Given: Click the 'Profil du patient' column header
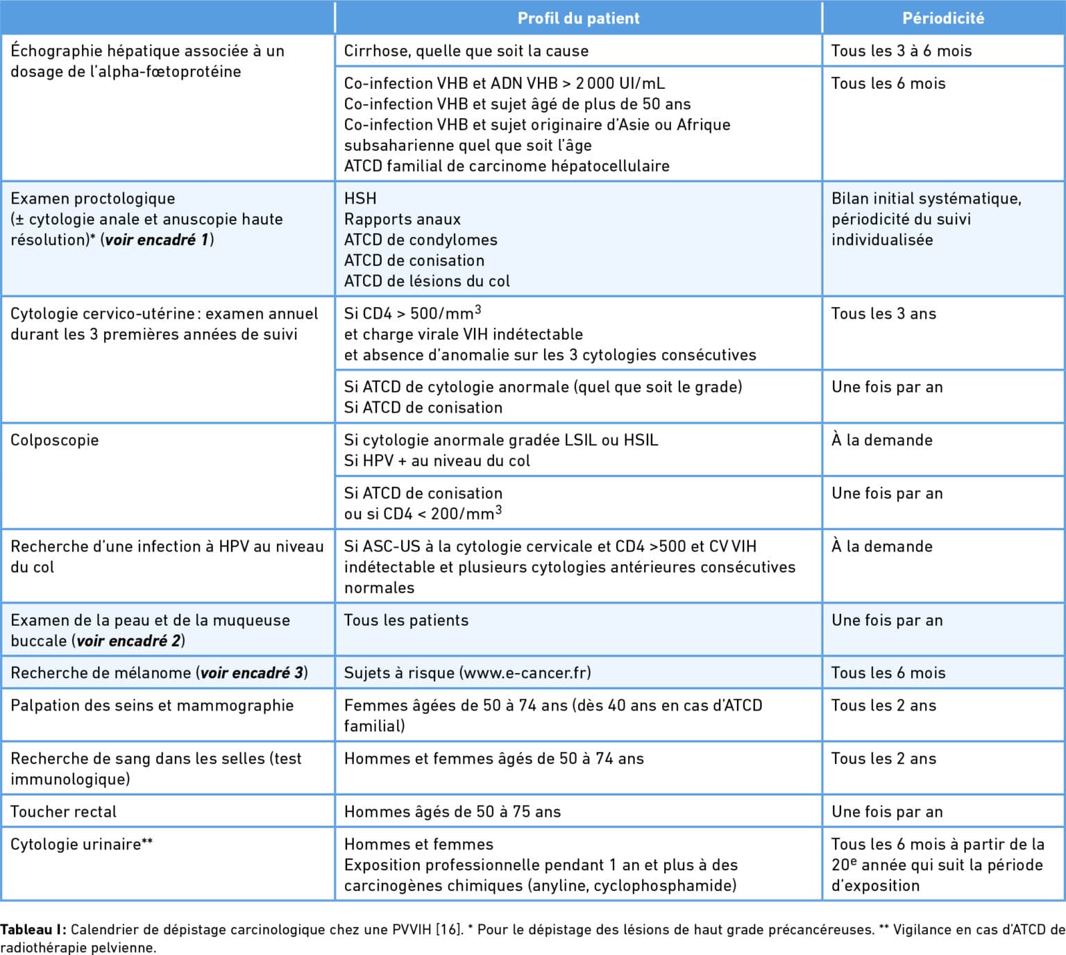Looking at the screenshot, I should [x=578, y=18].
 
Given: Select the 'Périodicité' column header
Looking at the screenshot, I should [x=942, y=18].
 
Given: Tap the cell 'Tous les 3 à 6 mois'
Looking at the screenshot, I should [x=901, y=51].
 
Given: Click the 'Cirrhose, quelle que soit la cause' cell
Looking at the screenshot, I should [x=466, y=51].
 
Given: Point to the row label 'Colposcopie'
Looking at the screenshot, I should [x=54, y=440].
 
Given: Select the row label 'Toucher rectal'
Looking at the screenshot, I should [x=63, y=811].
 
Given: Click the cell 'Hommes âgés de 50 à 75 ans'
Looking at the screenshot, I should [x=452, y=811].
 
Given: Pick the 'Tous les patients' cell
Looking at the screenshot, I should [x=406, y=620].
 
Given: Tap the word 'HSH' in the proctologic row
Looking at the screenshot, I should [x=360, y=198].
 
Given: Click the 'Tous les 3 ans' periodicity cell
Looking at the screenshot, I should [x=883, y=313].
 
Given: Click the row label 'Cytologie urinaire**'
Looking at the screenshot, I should [x=81, y=844].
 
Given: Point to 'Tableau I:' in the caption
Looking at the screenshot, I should [x=33, y=929].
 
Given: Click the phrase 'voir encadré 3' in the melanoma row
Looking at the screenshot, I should [x=252, y=672].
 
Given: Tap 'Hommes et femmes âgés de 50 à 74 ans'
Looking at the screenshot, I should [x=493, y=758].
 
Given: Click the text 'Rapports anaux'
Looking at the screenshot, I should [x=402, y=219].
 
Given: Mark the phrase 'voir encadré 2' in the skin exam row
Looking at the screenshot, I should [x=128, y=640].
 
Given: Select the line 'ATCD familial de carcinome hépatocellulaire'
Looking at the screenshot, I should [x=507, y=166].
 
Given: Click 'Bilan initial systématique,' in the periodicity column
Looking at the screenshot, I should [x=926, y=198].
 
